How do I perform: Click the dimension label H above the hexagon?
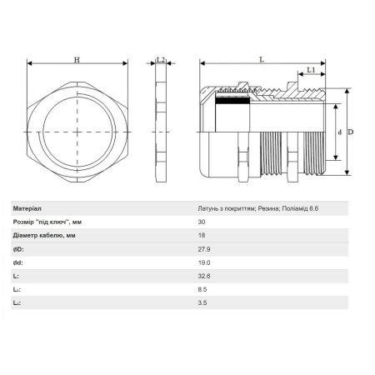(x=77, y=60)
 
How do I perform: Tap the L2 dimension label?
(x=161, y=60)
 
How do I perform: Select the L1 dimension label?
(x=311, y=70)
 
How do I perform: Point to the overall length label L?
(x=262, y=59)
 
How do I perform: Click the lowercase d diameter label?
(x=340, y=132)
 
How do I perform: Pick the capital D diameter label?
(x=351, y=132)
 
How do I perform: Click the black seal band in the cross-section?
(x=232, y=100)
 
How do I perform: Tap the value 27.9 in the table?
(x=204, y=249)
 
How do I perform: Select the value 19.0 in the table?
(x=204, y=262)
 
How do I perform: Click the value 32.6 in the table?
(x=204, y=276)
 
